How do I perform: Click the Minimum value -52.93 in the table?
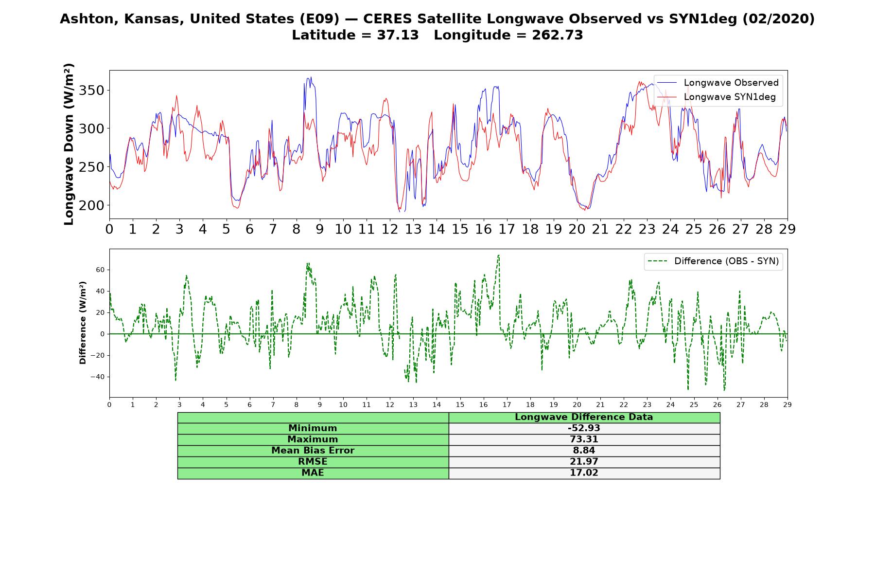[x=584, y=428]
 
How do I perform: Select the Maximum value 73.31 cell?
[x=584, y=439]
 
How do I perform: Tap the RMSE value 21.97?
[x=584, y=461]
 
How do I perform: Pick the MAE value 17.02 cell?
[x=584, y=473]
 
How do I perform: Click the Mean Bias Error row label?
[x=313, y=450]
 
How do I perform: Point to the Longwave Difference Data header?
[x=584, y=417]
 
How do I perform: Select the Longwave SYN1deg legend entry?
[x=717, y=97]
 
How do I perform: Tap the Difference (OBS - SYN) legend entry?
[x=713, y=261]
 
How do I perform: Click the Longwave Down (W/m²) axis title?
[x=69, y=144]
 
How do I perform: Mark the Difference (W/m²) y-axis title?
[x=83, y=323]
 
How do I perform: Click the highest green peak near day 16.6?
[x=498, y=255]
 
